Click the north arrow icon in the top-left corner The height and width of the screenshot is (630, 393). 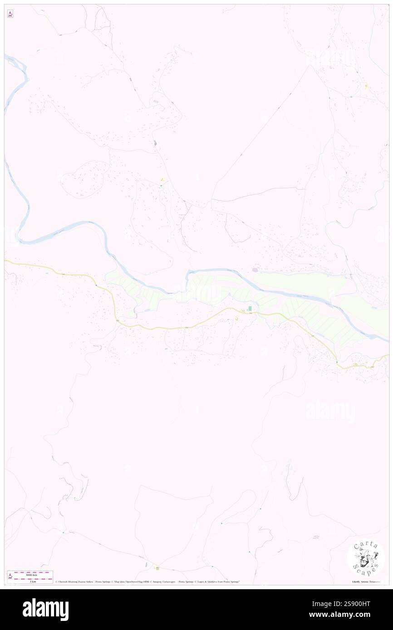click(x=10, y=14)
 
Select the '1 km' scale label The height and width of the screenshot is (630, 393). click(x=33, y=582)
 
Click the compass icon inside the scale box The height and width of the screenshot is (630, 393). click(x=10, y=577)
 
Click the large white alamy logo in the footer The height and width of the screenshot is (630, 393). click(x=45, y=610)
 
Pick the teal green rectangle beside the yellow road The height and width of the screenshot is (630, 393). click(x=250, y=309)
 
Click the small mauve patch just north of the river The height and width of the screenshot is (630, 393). click(x=255, y=270)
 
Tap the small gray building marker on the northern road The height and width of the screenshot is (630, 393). click(x=155, y=143)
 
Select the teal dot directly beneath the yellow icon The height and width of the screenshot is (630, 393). click(x=160, y=185)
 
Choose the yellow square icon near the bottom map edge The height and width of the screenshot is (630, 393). click(x=157, y=568)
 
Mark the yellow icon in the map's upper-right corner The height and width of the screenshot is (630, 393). click(x=366, y=86)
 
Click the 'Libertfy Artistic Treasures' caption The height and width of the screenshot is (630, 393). click(x=366, y=582)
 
